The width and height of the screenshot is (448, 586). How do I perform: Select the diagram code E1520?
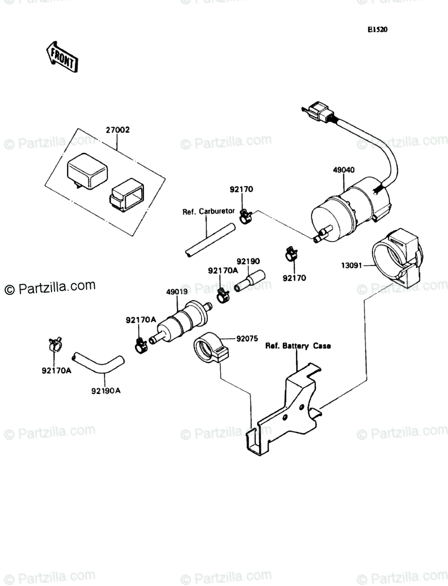[377, 30]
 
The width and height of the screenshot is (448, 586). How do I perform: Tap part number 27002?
[118, 130]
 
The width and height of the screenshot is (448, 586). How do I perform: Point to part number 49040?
[343, 170]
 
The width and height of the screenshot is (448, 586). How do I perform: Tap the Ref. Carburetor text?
[208, 212]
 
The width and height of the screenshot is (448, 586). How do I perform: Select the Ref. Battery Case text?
[298, 346]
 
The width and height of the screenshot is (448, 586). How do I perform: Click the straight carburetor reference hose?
[209, 240]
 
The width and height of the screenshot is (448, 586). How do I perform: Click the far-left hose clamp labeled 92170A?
[55, 344]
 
